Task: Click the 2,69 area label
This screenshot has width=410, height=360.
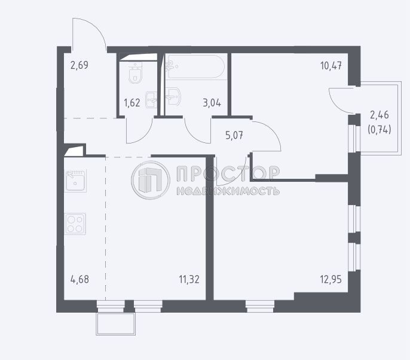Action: (79, 65)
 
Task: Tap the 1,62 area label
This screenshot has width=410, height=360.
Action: (132, 103)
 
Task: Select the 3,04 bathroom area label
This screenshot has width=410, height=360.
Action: (212, 103)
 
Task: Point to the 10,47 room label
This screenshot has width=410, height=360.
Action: (331, 66)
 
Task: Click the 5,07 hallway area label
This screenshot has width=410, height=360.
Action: (234, 136)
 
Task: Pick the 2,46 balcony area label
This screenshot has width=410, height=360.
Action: (380, 115)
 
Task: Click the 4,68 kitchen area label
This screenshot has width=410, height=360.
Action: (79, 279)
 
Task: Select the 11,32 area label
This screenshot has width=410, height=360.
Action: (189, 279)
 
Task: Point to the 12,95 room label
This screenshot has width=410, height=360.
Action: (331, 279)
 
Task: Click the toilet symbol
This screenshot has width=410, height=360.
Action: (136, 73)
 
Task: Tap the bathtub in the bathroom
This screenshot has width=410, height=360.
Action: (195, 67)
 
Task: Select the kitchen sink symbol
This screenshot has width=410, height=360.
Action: (75, 181)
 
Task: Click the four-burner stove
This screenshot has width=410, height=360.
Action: (75, 224)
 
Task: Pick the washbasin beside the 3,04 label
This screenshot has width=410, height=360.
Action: (173, 96)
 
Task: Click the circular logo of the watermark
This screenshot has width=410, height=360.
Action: (151, 180)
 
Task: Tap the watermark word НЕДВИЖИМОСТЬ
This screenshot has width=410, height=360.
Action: (228, 191)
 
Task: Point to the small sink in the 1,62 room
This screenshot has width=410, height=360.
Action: (151, 99)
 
